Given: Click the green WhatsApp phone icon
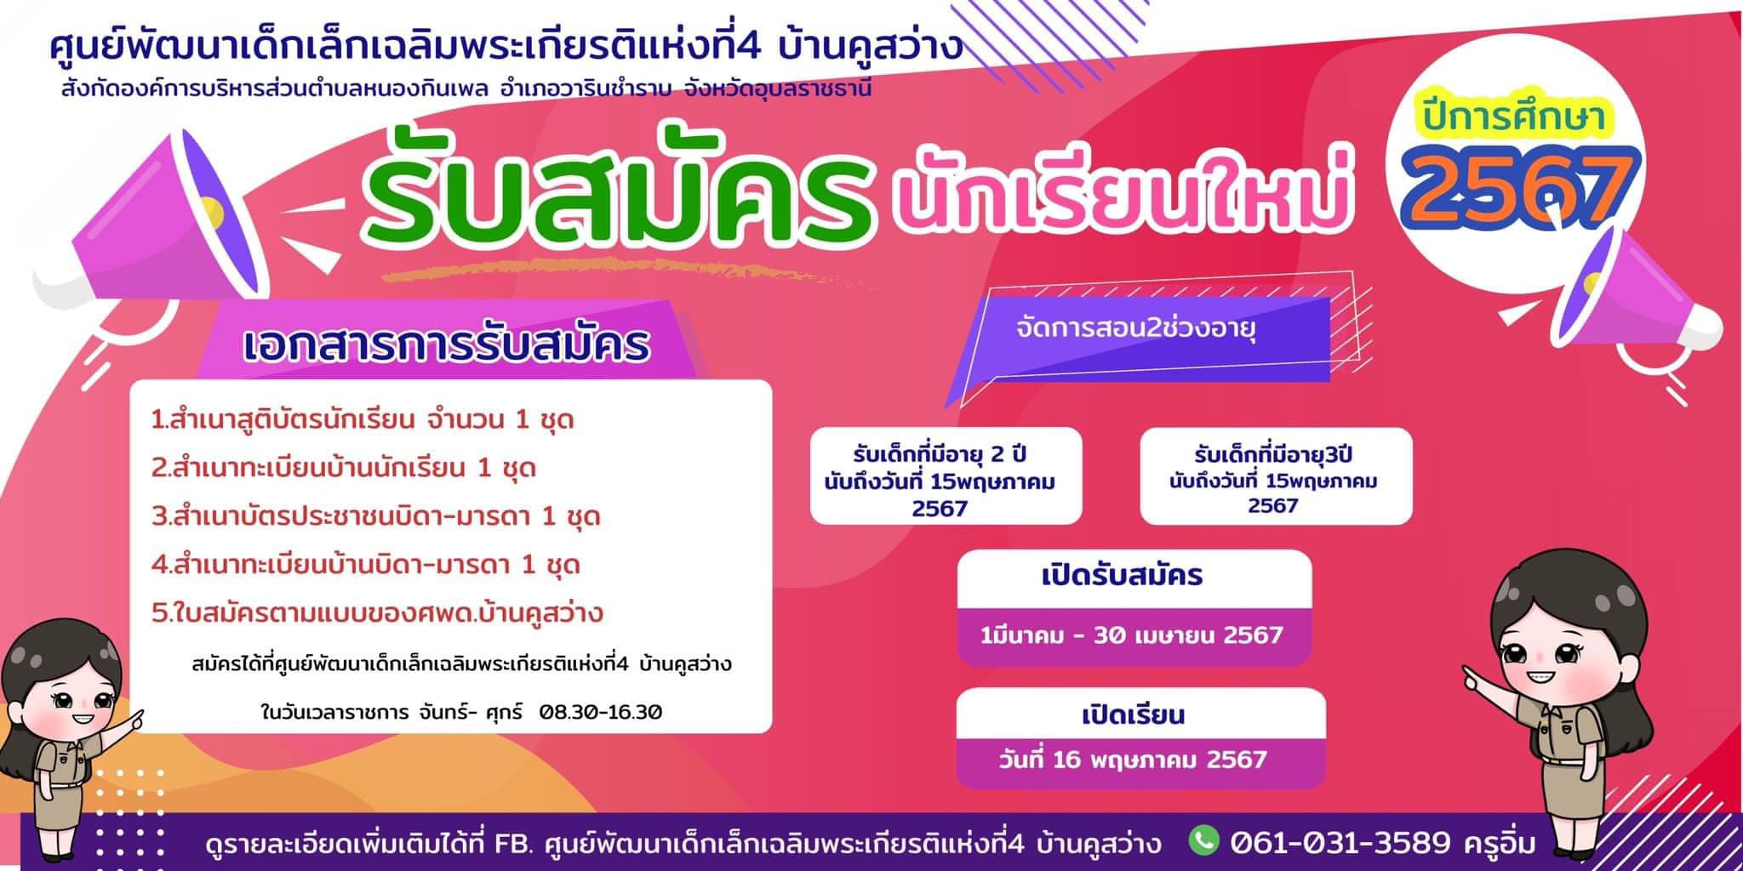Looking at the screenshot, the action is point(1203,840).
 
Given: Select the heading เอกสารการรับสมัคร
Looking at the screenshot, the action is point(447,345).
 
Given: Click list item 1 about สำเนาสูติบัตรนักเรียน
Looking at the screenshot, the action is point(363,420).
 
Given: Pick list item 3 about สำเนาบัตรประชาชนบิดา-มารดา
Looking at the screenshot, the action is point(376,516).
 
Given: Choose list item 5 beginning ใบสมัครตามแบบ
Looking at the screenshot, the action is point(377,612).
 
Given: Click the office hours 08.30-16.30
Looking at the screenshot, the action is point(600,712).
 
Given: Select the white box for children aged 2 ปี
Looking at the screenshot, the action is point(946,475).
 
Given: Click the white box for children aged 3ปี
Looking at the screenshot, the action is point(1276,475).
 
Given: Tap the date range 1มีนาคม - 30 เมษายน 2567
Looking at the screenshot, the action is point(1131,635).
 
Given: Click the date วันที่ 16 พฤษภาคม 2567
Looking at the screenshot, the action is point(1133,759).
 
